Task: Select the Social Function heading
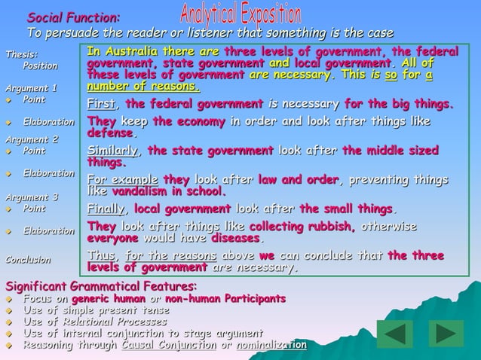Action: click(x=72, y=17)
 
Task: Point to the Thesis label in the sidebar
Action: click(x=20, y=54)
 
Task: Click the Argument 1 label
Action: click(x=31, y=88)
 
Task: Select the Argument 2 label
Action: click(x=31, y=139)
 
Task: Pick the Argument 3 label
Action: click(x=31, y=197)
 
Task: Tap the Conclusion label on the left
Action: click(x=28, y=260)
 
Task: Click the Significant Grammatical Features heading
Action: click(x=101, y=286)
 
